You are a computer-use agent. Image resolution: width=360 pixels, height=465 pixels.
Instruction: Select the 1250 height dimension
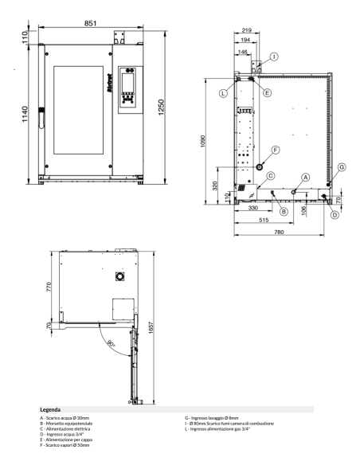coord(163,107)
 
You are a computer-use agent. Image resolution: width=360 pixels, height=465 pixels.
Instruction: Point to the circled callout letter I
coord(274,57)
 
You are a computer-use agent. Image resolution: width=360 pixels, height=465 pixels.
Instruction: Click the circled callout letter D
coord(335,214)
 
